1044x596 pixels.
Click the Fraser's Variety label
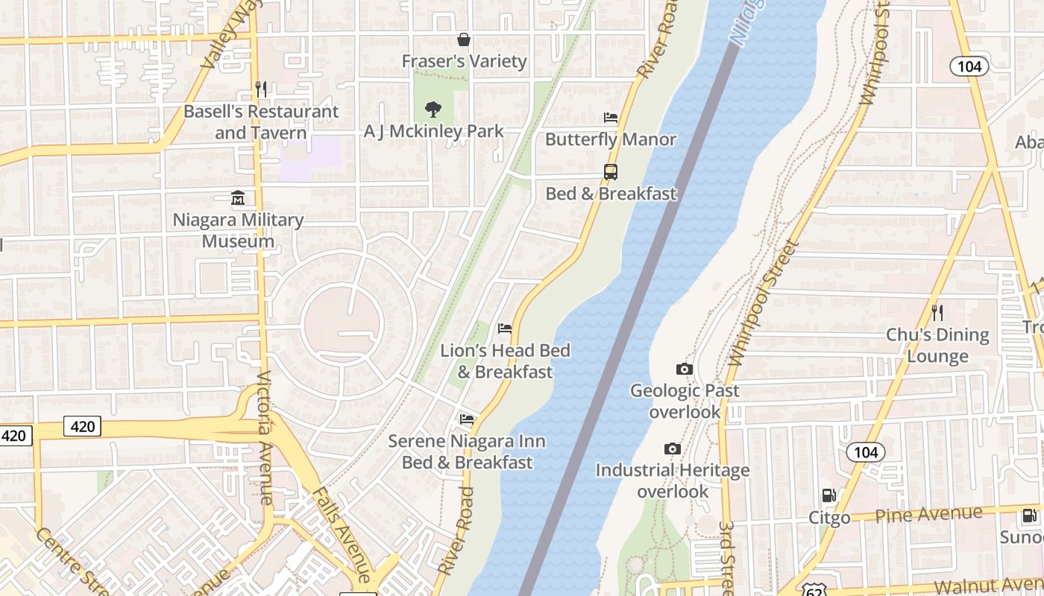464,61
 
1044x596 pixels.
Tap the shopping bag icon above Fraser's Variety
464,39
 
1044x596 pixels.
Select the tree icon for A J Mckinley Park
433,110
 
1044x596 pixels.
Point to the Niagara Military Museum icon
238,198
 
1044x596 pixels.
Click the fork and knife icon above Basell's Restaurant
261,89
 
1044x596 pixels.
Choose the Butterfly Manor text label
610,139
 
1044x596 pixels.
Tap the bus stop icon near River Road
611,172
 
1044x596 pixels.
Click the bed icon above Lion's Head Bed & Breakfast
505,329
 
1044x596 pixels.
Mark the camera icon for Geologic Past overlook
684,369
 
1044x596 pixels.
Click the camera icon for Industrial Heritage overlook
673,448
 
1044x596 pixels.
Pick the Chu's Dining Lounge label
937,345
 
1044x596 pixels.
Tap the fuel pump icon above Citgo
828,495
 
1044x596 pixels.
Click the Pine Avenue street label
928,514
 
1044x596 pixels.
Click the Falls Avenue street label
341,534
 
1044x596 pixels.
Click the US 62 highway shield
811,589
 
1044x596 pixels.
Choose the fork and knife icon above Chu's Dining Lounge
937,312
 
